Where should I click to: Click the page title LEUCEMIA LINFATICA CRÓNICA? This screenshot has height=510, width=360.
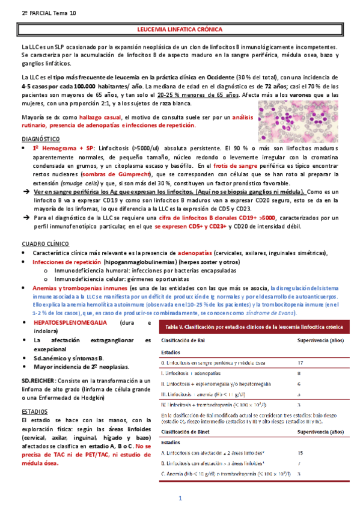click(180, 29)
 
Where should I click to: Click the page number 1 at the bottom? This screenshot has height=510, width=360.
click(179, 499)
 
